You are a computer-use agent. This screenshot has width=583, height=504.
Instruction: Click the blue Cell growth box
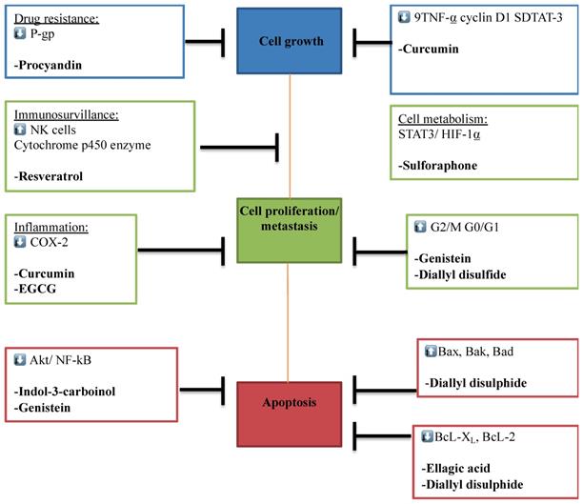[x=291, y=42]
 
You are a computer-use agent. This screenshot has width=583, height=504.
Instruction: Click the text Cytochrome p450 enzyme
[x=81, y=144]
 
